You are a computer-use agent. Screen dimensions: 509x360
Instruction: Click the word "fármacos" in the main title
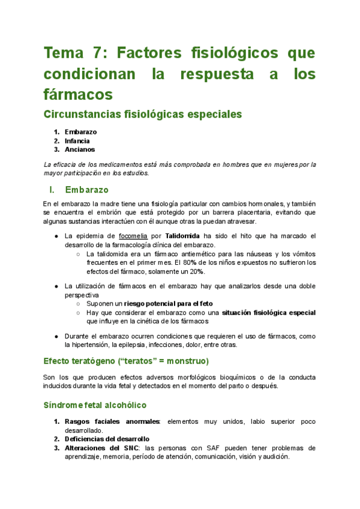coord(78,94)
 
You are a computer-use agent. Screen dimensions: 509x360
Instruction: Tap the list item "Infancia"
coord(77,141)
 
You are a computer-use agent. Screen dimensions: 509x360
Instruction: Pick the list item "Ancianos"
coord(79,149)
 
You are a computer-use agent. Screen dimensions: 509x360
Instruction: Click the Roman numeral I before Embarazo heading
coord(52,190)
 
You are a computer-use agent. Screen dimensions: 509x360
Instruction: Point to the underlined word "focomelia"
coord(134,236)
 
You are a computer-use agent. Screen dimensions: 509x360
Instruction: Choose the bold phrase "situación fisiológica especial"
coord(268,313)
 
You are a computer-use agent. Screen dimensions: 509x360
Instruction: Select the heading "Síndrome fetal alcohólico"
coord(95,406)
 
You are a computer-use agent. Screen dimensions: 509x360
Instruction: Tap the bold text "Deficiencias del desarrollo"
coord(107,439)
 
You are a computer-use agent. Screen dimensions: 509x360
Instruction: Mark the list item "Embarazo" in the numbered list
coord(80,132)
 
